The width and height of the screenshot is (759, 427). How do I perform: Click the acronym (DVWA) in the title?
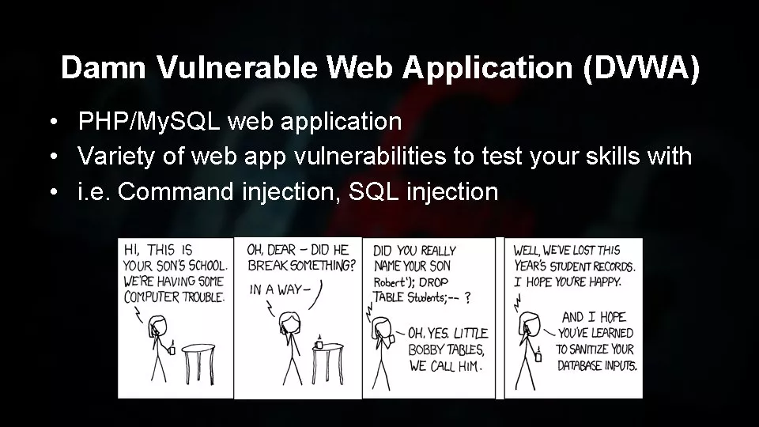tap(641, 67)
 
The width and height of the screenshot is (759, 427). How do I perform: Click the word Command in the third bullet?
tap(176, 191)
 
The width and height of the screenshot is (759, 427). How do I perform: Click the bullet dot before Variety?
tap(54, 157)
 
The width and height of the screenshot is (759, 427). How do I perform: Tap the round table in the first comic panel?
tap(198, 364)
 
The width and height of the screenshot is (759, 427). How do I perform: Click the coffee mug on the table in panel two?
tap(319, 344)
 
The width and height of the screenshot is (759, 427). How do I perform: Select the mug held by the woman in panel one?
tap(172, 348)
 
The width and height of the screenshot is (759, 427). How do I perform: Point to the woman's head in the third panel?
tap(381, 327)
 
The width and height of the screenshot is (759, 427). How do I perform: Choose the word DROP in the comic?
tap(433, 282)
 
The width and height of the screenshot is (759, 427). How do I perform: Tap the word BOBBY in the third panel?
tap(426, 350)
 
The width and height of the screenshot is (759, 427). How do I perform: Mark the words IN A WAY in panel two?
tap(279, 289)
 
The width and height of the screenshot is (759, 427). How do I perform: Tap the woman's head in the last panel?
tap(529, 323)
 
